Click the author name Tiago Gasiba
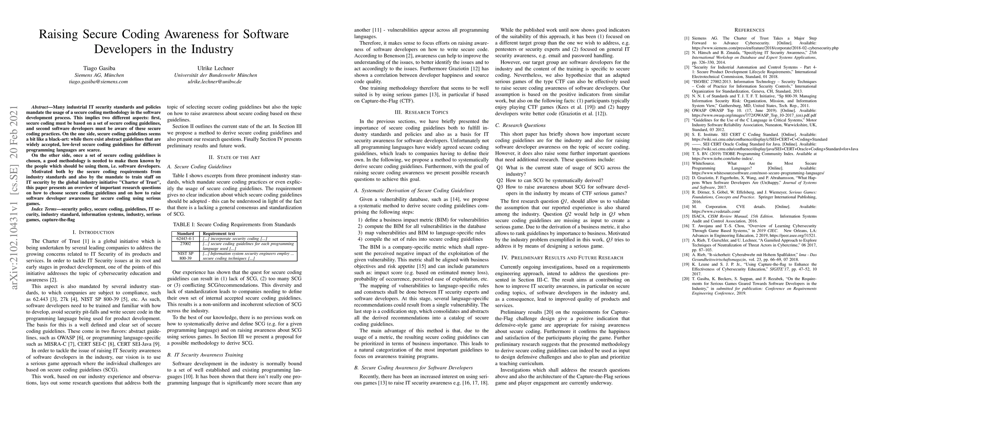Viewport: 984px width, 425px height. pyautogui.click(x=99, y=68)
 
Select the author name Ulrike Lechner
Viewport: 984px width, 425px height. pyautogui.click(x=215, y=68)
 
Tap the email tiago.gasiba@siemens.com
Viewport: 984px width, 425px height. pyautogui.click(x=99, y=81)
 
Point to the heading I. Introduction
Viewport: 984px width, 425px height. pyautogui.click(x=93, y=232)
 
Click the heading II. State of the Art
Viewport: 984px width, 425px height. pyautogui.click(x=234, y=158)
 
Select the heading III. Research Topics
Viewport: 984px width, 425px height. pyautogui.click(x=421, y=112)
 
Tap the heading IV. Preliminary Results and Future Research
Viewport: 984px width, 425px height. pyautogui.click(x=562, y=257)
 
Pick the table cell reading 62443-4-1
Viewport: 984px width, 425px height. pyautogui.click(x=185, y=238)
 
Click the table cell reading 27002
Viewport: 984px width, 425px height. pyautogui.click(x=185, y=243)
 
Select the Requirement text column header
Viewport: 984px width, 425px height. pyautogui.click(x=219, y=233)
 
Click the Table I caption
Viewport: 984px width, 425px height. pyautogui.click(x=234, y=224)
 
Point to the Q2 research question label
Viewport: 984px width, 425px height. pyautogui.click(x=500, y=180)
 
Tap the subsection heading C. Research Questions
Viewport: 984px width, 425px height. pyautogui.click(x=520, y=125)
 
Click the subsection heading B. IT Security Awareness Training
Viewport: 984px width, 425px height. pyautogui.click(x=205, y=355)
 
